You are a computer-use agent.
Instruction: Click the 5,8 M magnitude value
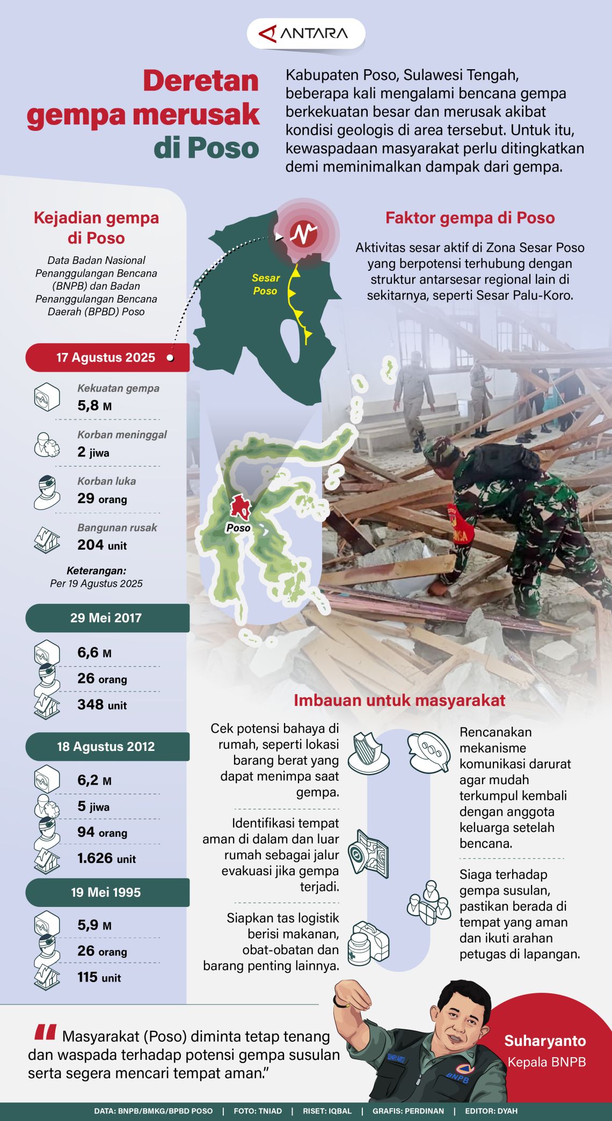click(x=94, y=406)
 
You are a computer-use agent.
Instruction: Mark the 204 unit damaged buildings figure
click(x=102, y=545)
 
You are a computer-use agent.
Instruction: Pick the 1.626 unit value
click(x=106, y=858)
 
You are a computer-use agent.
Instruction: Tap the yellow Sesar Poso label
click(x=266, y=284)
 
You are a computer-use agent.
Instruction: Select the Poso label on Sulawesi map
click(x=238, y=528)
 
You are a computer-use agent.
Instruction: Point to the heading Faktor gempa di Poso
click(x=470, y=218)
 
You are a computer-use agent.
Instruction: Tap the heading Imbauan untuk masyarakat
click(x=399, y=700)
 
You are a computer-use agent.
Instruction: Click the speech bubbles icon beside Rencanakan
click(x=428, y=751)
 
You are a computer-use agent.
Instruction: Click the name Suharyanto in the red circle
click(x=545, y=1041)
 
